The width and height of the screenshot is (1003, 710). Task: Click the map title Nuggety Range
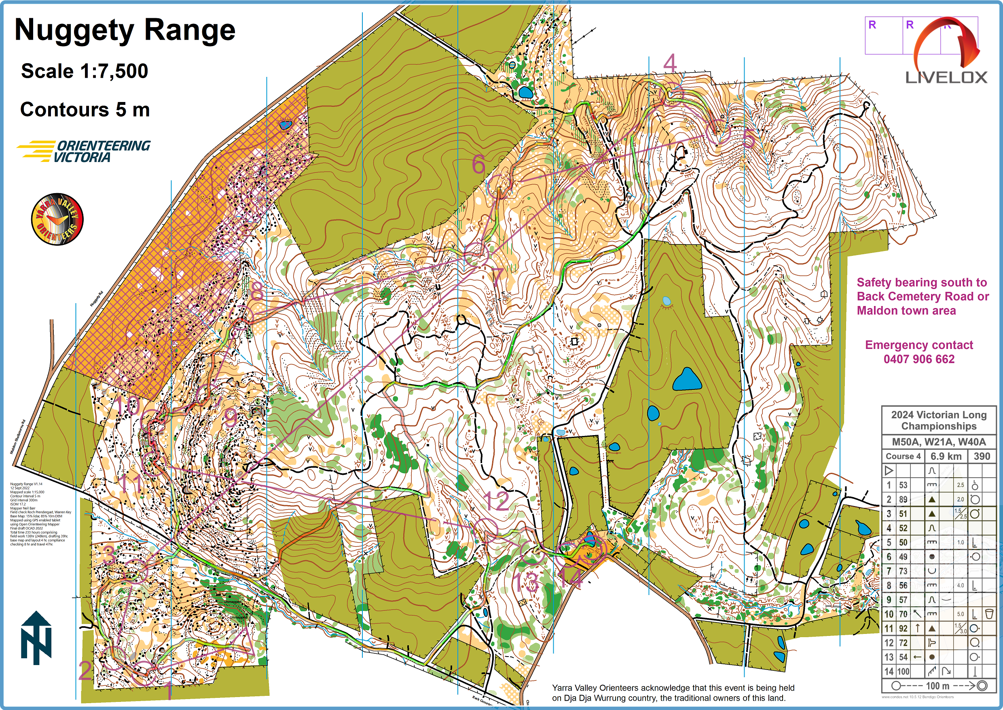125,31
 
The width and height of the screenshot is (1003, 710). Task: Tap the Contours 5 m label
85,110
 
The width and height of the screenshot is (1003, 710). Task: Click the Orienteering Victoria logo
84,151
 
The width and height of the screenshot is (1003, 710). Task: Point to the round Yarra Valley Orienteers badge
57,219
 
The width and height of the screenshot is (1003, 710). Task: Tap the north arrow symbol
36,638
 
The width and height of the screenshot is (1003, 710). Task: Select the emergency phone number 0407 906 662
919,359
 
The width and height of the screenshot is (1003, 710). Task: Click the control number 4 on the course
670,64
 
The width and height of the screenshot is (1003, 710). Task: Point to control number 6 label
478,165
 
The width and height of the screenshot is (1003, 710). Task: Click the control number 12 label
497,501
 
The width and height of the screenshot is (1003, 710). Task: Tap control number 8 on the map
257,291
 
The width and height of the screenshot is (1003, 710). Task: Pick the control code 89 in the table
903,499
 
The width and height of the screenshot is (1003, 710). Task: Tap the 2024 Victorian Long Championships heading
938,420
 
